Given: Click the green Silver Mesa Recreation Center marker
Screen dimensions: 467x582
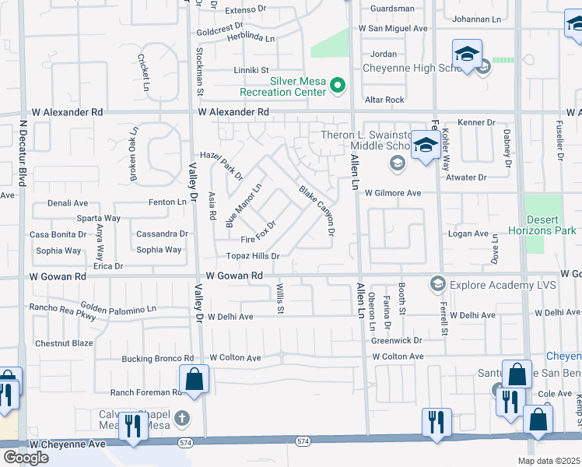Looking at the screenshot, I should click(338, 86).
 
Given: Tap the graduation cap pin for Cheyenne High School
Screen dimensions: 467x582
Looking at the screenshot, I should click(466, 54).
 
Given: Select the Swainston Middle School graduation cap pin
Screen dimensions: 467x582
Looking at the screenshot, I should click(426, 146).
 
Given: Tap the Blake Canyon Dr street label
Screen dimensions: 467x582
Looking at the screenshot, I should click(317, 210).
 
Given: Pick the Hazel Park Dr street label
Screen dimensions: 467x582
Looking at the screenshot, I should click(222, 165).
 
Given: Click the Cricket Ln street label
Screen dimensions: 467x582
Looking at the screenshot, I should click(144, 72).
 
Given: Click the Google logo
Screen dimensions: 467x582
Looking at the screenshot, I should click(25, 458).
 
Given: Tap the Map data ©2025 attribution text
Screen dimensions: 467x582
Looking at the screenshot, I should click(549, 461).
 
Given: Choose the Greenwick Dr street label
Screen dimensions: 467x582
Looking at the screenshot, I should click(396, 340).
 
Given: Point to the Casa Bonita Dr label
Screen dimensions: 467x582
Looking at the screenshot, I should click(58, 234).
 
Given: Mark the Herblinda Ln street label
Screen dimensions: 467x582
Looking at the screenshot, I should click(250, 37).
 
